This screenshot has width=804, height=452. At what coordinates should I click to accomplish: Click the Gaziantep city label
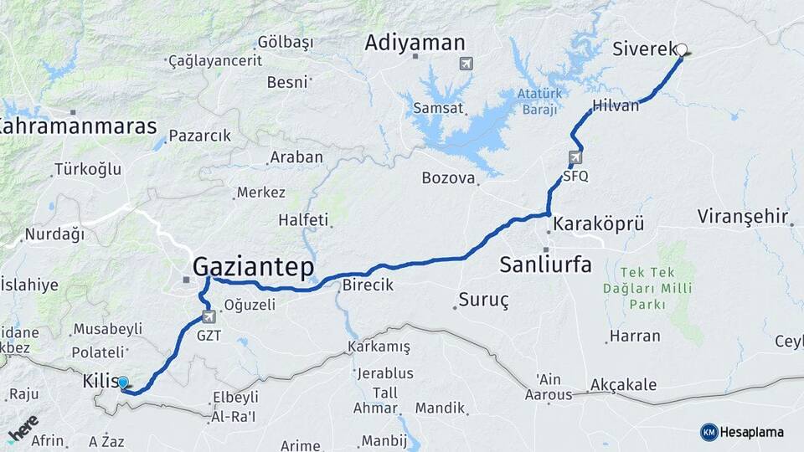(253, 267)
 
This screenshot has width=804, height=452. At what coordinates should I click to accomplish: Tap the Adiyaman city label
(415, 43)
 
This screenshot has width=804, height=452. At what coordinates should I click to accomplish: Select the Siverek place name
(644, 49)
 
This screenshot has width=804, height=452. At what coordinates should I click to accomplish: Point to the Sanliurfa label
(545, 265)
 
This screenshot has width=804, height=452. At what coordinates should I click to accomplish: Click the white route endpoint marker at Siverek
(682, 50)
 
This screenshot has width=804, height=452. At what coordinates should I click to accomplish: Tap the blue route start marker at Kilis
(123, 383)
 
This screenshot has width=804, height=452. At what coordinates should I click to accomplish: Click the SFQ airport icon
(575, 157)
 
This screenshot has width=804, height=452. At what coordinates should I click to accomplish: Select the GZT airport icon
(209, 317)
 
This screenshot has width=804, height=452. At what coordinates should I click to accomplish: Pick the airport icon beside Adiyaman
(466, 63)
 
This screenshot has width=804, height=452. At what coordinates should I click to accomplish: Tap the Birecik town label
(368, 285)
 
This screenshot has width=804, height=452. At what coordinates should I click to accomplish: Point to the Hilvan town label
(616, 105)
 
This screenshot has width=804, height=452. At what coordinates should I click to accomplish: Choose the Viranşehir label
(743, 217)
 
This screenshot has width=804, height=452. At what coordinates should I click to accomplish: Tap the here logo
(23, 428)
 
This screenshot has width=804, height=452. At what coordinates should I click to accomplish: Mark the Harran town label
(635, 336)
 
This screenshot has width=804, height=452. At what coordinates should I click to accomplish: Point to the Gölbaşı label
(285, 42)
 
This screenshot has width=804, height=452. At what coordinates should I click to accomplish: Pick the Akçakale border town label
(623, 385)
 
